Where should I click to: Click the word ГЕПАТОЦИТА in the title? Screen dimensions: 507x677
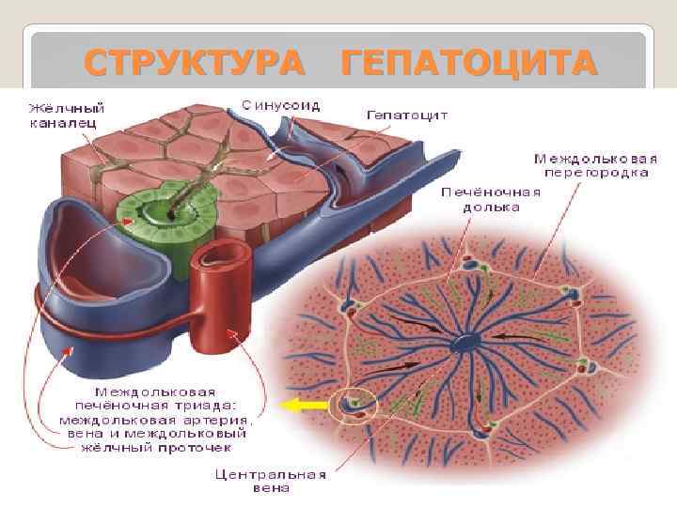click(469, 64)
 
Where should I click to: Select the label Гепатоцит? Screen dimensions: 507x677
click(406, 115)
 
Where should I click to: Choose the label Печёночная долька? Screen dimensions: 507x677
click(491, 199)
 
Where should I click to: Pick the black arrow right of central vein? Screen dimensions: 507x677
click(512, 335)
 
